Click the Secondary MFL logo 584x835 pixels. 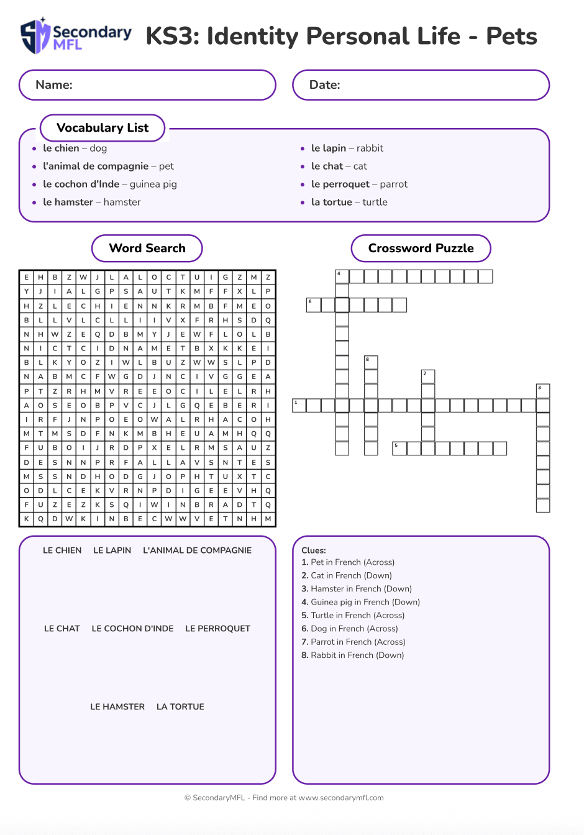[76, 36]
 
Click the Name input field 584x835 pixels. [147, 85]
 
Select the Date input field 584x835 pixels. [421, 85]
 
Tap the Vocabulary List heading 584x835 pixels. [103, 128]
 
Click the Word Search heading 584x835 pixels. [147, 249]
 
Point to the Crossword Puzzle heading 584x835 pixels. [421, 249]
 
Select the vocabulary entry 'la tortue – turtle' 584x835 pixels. [349, 203]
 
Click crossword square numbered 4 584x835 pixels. [342, 276]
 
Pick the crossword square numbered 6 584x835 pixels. [313, 305]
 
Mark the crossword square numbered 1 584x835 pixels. [299, 406]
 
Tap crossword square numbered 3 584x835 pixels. [542, 391]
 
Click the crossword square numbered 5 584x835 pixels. [399, 448]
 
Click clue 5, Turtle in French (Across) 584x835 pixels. [353, 616]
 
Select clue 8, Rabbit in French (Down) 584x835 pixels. [352, 655]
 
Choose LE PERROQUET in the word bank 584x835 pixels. [217, 629]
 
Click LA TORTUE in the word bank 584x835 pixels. [180, 707]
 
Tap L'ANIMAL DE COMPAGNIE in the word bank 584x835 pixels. [197, 550]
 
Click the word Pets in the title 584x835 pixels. [511, 36]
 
